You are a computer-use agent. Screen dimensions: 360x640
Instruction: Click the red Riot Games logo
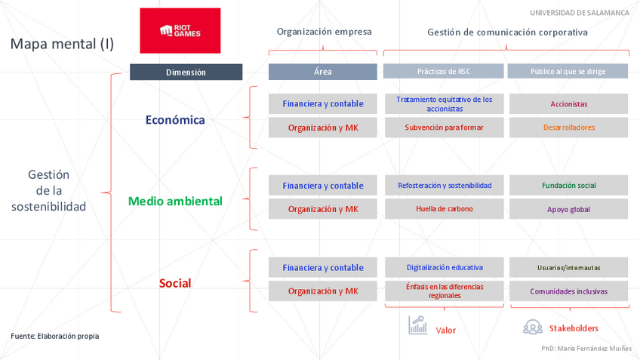pos(180,31)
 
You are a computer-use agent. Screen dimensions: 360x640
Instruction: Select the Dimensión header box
pos(186,72)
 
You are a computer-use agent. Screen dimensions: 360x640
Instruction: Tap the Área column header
pos(322,72)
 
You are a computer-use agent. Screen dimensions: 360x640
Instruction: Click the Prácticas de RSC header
pos(443,72)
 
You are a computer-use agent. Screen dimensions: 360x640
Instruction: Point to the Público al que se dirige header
pos(568,72)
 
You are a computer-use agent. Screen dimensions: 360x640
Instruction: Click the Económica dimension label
pos(175,119)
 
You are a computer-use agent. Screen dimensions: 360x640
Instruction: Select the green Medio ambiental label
pos(175,201)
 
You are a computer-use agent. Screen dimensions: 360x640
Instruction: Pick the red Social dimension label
pos(175,283)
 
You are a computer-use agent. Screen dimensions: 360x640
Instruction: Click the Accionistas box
pos(568,104)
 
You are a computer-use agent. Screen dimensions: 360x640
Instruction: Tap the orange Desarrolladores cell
pos(568,128)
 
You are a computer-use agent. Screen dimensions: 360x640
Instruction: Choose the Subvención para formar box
pos(444,128)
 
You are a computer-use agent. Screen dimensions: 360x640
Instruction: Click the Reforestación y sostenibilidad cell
pos(444,186)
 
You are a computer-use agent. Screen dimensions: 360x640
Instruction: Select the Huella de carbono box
pos(444,209)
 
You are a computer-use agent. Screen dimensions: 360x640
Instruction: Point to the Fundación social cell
pos(568,186)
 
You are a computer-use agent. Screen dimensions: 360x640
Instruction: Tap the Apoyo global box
pos(568,209)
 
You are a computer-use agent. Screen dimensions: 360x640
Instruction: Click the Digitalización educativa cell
pos(444,267)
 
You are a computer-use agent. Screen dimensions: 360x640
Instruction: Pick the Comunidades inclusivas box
pos(568,291)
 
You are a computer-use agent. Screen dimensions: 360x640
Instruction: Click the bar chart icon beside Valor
pos(417,325)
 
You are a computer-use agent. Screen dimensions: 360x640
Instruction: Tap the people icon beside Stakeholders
pos(533,327)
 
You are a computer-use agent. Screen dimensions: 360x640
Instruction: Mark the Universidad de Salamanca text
pos(579,13)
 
